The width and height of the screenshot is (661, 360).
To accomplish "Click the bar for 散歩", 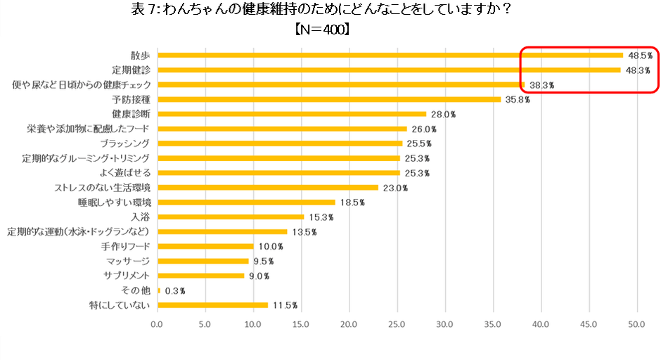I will (x=390, y=55).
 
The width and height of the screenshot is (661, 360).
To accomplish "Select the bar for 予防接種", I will (x=329, y=99).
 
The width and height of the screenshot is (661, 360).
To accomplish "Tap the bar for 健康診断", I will (x=292, y=114).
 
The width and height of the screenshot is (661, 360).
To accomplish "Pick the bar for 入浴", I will (x=231, y=217).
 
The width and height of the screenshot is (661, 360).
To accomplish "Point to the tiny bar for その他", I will (x=160, y=290).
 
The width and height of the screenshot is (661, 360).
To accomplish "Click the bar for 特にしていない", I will (x=212, y=305).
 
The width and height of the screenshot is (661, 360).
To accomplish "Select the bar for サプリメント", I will (x=200, y=276).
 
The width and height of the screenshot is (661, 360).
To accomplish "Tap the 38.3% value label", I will (x=541, y=84).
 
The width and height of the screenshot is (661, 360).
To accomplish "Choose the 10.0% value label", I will (x=269, y=246).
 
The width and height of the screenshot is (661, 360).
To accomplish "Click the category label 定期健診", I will (x=131, y=70).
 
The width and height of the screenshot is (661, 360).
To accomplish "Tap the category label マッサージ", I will (x=127, y=261).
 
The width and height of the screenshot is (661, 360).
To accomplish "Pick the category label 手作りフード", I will (x=126, y=246).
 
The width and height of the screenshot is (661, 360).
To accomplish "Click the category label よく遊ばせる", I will (x=126, y=173).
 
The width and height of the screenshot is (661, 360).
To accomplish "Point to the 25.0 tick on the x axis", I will (x=397, y=325).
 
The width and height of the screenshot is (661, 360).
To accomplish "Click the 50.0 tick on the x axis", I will (x=636, y=325).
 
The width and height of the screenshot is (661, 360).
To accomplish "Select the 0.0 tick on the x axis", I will (x=157, y=325).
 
